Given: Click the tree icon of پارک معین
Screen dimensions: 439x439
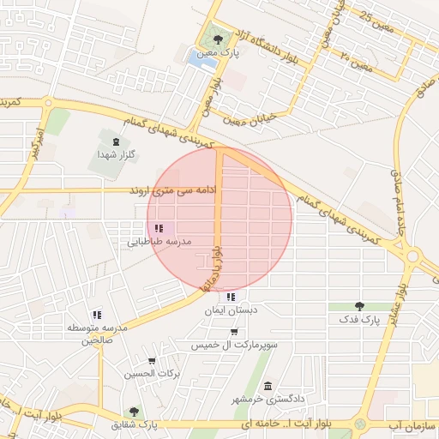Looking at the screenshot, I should (218, 39).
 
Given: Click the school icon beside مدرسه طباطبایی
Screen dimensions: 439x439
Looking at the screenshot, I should (159, 228).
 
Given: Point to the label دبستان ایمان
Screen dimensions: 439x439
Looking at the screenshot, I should (231, 312).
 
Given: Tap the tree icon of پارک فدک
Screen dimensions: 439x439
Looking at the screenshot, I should (359, 306).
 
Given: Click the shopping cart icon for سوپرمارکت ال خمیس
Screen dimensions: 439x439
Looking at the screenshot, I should (234, 332).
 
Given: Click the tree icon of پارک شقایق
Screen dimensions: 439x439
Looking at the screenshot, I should (134, 412).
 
